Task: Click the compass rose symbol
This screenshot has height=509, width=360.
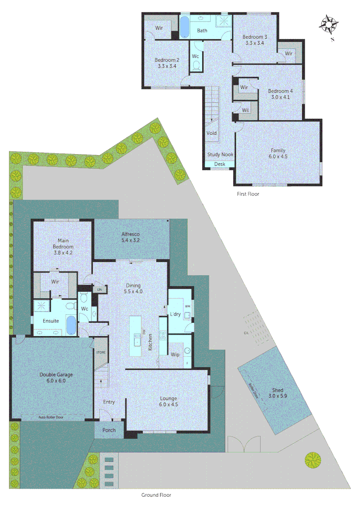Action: tap(329, 25)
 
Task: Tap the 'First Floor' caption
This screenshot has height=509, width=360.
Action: tap(248, 194)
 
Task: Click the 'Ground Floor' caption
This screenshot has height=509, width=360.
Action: tap(156, 495)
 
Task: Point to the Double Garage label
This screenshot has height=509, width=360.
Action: tap(56, 375)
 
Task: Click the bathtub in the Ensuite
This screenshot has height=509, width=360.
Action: tap(70, 325)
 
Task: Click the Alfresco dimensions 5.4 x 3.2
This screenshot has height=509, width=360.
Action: tap(131, 240)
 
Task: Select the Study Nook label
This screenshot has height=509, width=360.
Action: tap(220, 155)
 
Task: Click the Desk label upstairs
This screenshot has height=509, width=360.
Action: tap(220, 164)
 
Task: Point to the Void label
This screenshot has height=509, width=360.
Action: tap(212, 133)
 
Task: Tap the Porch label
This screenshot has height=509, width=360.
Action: tap(109, 430)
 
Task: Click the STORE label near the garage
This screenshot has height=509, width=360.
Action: tap(100, 352)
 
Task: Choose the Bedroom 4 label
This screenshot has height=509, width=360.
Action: tap(280, 91)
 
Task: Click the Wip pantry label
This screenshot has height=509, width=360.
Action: tap(175, 354)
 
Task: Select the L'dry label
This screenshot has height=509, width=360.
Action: tap(175, 314)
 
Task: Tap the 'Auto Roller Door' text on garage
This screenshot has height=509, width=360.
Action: tap(51, 418)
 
